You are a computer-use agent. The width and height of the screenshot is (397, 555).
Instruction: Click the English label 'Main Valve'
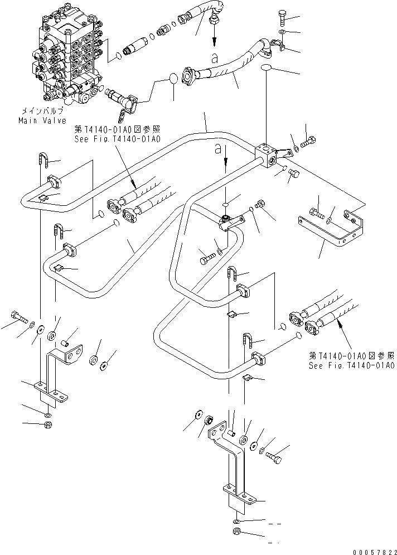tap(42, 120)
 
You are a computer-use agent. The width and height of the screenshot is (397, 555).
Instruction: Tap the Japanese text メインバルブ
tap(42, 112)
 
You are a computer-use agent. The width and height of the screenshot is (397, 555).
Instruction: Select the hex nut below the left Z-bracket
tap(49, 426)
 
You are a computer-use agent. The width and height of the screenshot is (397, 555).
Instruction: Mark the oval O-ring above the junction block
tap(268, 67)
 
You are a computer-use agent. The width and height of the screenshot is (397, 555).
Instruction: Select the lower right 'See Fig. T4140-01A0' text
tap(351, 361)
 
